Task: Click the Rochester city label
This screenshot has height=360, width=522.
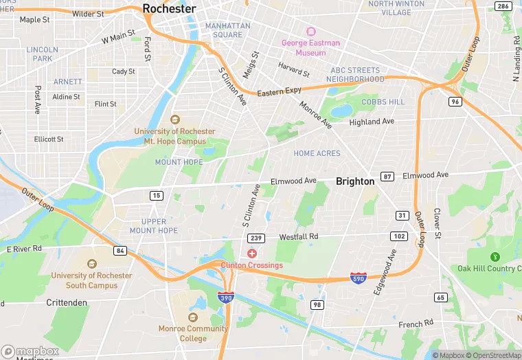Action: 169,8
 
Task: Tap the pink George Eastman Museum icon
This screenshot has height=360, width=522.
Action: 310,32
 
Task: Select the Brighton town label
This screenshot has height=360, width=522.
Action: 355,181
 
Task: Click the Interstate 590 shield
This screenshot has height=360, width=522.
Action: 358,278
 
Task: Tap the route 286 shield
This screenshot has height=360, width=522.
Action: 503,7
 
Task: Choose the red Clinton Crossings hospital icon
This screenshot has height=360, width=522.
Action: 252,254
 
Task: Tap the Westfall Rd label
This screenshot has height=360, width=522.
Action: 299,237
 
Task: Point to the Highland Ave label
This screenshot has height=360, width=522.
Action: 372,122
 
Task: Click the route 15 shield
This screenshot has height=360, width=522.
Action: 157,196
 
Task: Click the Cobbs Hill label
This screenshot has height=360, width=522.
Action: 383,102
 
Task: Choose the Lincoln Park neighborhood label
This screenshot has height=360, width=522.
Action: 43,54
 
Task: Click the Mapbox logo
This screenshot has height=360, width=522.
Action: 30,351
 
